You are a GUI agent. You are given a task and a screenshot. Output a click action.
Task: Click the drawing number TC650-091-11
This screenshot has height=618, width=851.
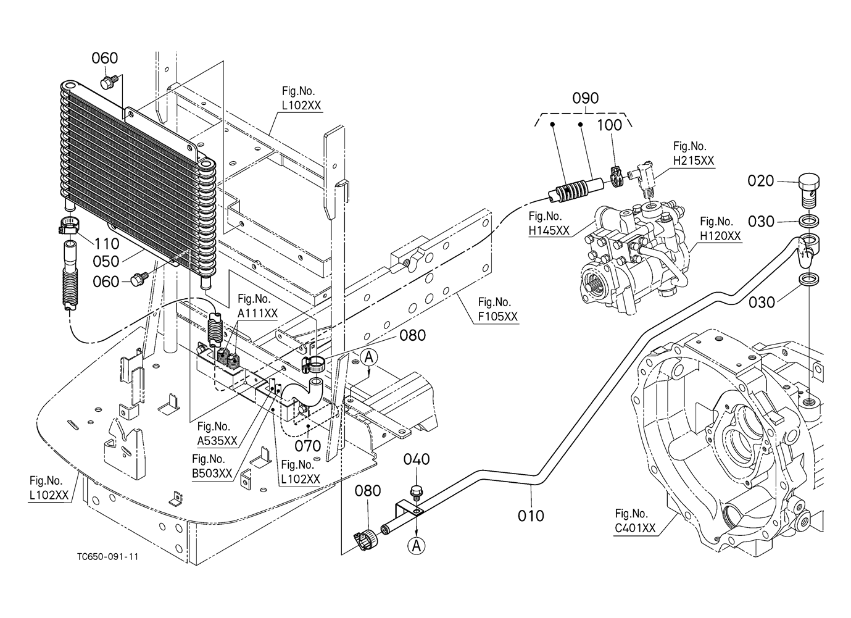pyautogui.click(x=108, y=557)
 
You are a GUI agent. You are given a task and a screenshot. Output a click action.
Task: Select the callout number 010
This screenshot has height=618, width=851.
pyautogui.click(x=531, y=516)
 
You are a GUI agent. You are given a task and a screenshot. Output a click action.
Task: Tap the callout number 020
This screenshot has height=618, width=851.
pyautogui.click(x=761, y=181)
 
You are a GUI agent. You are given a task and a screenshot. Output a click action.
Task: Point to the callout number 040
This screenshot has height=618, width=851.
pyautogui.click(x=417, y=459)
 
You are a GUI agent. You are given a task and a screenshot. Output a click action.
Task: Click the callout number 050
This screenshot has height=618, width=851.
pyautogui.click(x=106, y=262)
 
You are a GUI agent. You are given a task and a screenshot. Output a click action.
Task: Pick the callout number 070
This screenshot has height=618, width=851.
pyautogui.click(x=308, y=446)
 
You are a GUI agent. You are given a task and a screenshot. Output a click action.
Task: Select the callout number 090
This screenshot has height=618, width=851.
pyautogui.click(x=586, y=98)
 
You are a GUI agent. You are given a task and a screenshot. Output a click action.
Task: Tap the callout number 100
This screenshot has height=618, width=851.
pyautogui.click(x=609, y=125)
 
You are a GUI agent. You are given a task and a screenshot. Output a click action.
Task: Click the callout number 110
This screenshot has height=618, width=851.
pyautogui.click(x=107, y=244)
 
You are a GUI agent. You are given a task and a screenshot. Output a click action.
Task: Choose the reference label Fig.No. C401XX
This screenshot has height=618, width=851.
pyautogui.click(x=636, y=520)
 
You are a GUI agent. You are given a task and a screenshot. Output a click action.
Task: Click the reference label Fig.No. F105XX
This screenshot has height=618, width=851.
pyautogui.click(x=498, y=309)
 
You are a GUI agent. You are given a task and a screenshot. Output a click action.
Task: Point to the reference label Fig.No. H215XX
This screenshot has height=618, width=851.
pyautogui.click(x=694, y=154)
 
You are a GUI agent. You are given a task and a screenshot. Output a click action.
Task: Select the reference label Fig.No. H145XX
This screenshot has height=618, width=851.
pyautogui.click(x=549, y=223)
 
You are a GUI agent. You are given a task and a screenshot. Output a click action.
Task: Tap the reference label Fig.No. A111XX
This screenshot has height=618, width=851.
pyautogui.click(x=257, y=306)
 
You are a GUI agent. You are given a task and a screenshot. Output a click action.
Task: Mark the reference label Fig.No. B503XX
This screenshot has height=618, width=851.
pyautogui.click(x=212, y=466)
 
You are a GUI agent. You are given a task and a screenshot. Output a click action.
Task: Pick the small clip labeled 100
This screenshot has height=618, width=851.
pyautogui.click(x=616, y=177)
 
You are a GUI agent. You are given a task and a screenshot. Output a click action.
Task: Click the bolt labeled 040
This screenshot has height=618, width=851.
pyautogui.click(x=417, y=493)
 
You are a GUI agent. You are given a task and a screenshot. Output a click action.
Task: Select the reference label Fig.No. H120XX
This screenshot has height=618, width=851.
pyautogui.click(x=720, y=229)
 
